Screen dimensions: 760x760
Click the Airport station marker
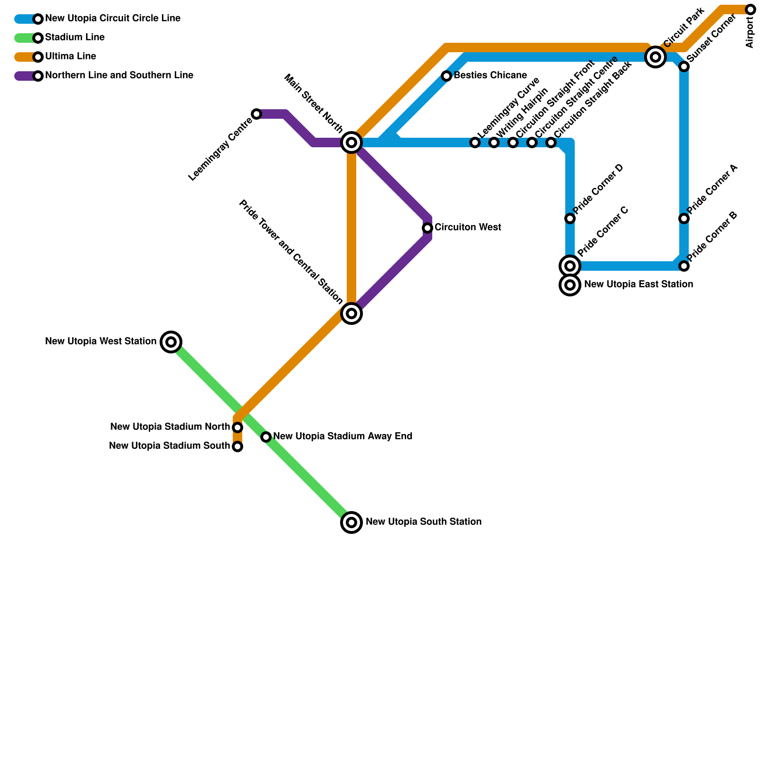[750, 9]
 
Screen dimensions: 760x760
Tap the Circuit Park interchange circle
[655, 57]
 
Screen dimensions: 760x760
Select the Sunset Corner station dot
[684, 66]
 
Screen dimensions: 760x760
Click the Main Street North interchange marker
[351, 142]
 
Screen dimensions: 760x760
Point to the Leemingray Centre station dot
[256, 114]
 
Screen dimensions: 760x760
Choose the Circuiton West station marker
[427, 228]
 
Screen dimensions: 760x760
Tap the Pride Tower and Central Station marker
[351, 313]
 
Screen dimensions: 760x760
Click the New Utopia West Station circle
[171, 342]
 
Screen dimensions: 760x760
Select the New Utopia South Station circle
[351, 522]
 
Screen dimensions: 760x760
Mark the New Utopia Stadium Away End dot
[266, 437]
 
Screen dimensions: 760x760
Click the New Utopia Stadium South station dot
[237, 446]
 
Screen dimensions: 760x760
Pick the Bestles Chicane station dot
[446, 76]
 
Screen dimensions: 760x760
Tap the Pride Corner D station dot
[570, 218]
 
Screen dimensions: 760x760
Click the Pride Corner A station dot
[684, 218]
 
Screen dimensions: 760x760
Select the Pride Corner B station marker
[684, 266]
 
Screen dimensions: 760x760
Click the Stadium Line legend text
[75, 38]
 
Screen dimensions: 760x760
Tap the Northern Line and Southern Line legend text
[119, 76]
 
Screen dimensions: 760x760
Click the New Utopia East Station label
[638, 285]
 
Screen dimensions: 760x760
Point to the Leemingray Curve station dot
[475, 142]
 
